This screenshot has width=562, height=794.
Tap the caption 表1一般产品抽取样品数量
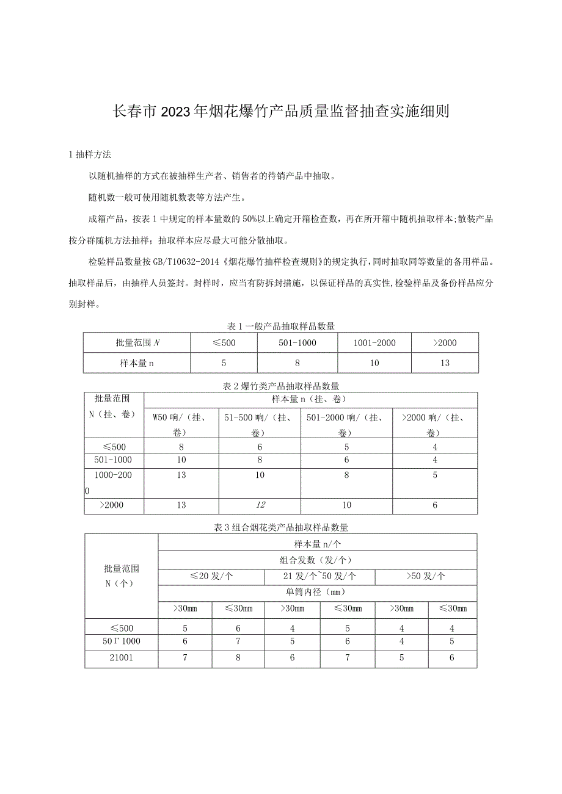point(280,327)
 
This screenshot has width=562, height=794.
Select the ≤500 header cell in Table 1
point(224,343)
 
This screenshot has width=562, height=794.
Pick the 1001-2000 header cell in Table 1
point(374,343)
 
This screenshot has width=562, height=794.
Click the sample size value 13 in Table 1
point(445,363)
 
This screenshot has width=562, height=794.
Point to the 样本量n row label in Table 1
point(137,363)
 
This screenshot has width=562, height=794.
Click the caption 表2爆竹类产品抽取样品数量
point(280,386)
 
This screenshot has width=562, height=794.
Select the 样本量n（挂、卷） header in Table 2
point(310,400)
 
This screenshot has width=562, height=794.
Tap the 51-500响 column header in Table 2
point(261,425)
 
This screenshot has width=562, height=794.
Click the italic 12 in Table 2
point(260,505)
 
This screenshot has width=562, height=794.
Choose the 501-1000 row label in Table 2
point(114,460)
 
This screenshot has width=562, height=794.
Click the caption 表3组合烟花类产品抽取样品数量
point(280,527)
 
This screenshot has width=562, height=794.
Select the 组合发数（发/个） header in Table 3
point(318,560)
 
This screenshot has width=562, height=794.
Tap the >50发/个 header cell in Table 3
point(426,576)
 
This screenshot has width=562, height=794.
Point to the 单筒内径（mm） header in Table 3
point(317,592)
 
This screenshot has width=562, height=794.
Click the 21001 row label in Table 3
point(122,659)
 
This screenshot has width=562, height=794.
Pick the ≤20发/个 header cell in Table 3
point(211,576)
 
